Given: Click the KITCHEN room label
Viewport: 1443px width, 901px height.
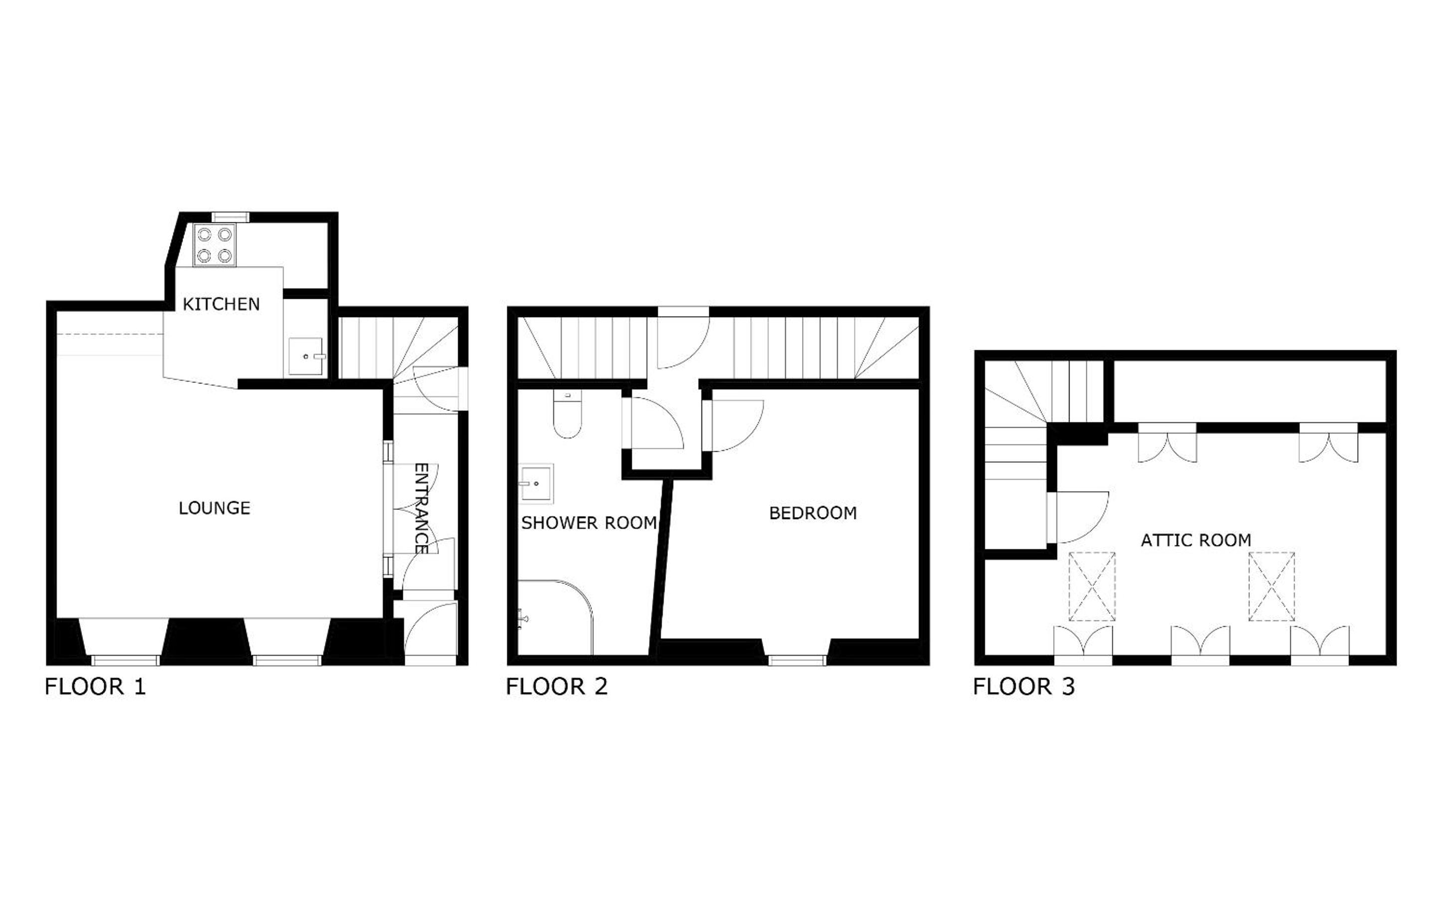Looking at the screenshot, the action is click(x=221, y=304).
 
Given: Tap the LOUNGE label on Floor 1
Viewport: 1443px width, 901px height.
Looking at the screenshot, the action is click(x=214, y=508).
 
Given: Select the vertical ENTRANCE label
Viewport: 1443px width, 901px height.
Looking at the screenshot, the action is click(x=421, y=508).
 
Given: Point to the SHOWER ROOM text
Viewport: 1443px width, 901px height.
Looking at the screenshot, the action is click(x=589, y=523).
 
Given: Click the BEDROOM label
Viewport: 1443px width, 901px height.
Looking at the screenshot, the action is click(x=813, y=513).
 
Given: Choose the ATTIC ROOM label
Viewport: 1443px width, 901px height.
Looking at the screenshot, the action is click(x=1196, y=541).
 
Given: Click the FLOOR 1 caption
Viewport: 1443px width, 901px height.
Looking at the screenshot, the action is click(x=95, y=687).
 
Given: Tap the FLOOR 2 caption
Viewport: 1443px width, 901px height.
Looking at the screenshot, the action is click(x=557, y=687).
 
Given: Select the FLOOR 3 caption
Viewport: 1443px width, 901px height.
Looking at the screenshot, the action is click(x=1024, y=687).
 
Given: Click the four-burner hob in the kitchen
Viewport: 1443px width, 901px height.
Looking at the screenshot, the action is click(x=214, y=245).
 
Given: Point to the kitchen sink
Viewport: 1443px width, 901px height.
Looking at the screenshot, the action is click(x=306, y=357).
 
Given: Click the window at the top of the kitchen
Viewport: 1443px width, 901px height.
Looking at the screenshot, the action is click(x=230, y=217).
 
